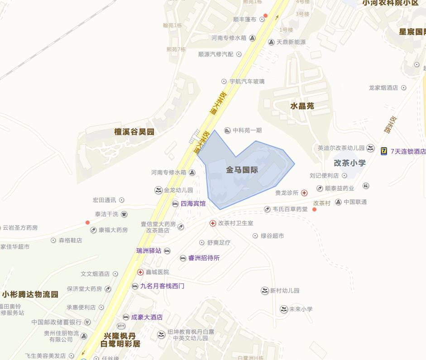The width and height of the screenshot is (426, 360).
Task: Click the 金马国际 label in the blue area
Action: click(242, 170)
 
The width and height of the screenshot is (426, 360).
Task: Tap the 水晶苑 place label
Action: click(302, 106)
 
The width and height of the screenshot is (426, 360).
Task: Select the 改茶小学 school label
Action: click(349, 163)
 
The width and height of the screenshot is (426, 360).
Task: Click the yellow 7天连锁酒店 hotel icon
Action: click(384, 151)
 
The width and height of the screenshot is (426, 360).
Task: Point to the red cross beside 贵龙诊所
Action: click(304, 193)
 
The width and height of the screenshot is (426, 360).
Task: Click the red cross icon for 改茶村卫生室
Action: click(212, 223)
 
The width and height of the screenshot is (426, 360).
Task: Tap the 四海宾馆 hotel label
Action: click(193, 204)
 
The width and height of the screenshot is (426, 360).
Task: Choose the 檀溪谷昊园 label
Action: click(134, 132)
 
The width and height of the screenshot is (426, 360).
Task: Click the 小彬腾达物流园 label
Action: click(30, 294)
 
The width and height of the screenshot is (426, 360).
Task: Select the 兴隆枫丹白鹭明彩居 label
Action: click(120, 340)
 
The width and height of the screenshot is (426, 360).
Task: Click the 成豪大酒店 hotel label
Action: click(147, 317)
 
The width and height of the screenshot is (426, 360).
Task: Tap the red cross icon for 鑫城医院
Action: click(140, 272)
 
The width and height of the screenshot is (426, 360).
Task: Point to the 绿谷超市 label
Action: click(272, 236)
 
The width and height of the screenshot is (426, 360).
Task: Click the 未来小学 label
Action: click(301, 309)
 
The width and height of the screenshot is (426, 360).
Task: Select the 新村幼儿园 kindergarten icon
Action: click(265, 291)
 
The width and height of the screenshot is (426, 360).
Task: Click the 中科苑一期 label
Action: click(247, 130)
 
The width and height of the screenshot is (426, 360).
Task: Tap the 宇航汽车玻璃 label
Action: click(247, 82)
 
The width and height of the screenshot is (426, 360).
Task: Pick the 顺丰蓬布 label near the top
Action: click(244, 19)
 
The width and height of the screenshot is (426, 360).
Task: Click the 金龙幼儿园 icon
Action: click(158, 190)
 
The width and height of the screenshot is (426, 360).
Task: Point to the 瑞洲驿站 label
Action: click(148, 250)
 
